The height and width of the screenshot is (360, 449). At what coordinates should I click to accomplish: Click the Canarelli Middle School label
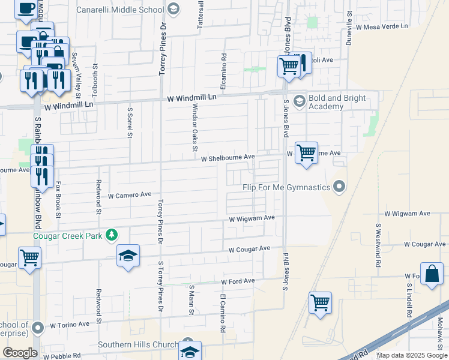click(x=120, y=10)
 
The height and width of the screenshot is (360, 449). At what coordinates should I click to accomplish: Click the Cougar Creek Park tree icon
click(x=111, y=234)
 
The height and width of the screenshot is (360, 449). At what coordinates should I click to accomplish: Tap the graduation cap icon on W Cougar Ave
click(x=128, y=256)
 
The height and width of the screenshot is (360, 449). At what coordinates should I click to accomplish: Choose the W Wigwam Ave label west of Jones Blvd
click(x=252, y=218)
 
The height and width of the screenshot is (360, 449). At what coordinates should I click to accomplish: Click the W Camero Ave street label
click(x=130, y=195)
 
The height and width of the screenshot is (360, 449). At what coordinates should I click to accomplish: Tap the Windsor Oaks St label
click(x=194, y=126)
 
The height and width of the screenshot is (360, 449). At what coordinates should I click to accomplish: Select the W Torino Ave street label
click(x=70, y=325)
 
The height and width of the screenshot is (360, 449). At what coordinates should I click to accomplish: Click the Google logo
click(x=20, y=353)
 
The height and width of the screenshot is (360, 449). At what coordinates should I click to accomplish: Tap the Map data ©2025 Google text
click(x=412, y=355)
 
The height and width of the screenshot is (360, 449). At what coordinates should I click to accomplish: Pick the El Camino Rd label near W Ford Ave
click(x=222, y=312)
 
